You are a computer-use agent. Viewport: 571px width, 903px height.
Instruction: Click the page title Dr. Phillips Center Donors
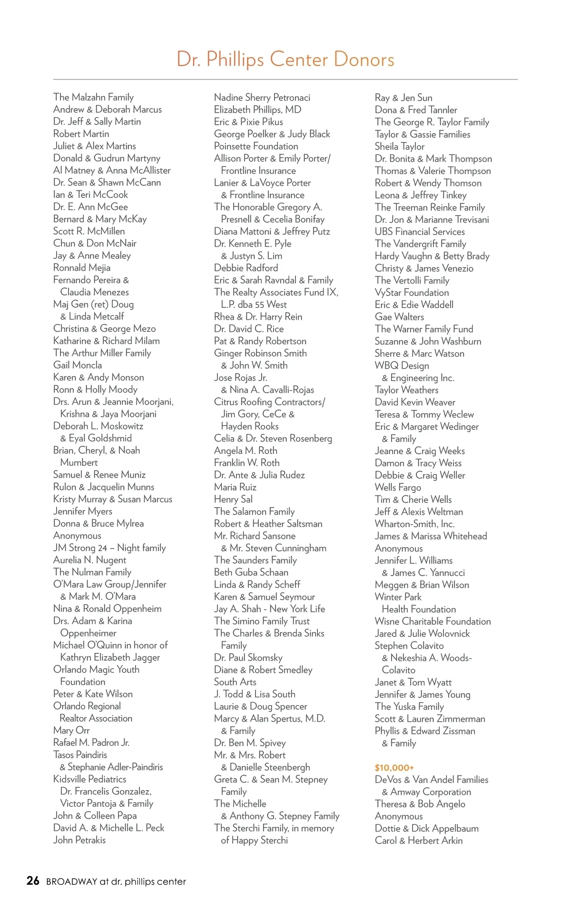point(285,59)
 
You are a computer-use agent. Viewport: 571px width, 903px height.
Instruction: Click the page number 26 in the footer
point(33,881)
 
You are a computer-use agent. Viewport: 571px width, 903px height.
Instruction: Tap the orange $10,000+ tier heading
point(394,767)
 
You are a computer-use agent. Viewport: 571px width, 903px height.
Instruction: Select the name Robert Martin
point(81,134)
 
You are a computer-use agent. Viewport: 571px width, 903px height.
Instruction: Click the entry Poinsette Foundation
point(256,146)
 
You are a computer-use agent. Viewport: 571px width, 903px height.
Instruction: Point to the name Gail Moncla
point(78,365)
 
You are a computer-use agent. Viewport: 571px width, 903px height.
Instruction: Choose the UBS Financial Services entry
point(420,232)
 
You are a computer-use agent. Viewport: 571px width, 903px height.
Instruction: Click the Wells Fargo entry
point(398,487)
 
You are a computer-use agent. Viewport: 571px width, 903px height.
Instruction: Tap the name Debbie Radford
point(246,268)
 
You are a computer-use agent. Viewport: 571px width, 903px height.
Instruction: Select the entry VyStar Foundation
point(412,293)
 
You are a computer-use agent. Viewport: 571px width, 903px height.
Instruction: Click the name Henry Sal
point(233,499)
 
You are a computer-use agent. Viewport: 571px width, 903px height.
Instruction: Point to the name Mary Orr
point(71,730)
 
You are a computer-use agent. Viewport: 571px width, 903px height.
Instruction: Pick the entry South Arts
point(235,682)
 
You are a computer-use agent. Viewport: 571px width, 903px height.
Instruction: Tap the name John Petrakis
point(79,840)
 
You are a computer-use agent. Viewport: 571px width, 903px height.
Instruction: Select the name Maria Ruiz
point(235,487)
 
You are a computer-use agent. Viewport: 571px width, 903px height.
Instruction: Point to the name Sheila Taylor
point(400,147)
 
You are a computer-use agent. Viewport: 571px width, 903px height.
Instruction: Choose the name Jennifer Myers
point(83,511)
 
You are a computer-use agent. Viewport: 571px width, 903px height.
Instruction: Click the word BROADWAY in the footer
point(71,882)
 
